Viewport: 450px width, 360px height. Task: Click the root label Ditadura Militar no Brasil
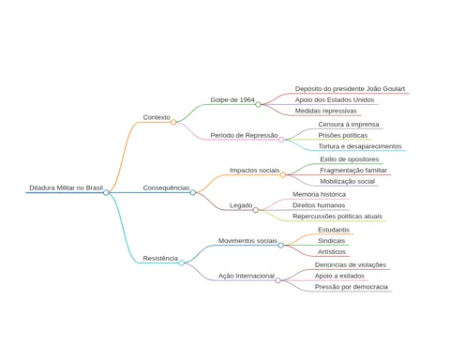(x=66, y=187)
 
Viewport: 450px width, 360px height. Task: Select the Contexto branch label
(x=157, y=117)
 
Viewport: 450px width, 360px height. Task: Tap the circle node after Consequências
(x=193, y=192)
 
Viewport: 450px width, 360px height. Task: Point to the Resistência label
(x=160, y=259)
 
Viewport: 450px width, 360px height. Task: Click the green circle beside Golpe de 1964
(x=258, y=104)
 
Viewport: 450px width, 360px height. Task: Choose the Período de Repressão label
(x=244, y=135)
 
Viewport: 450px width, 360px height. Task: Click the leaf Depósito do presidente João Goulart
(x=350, y=89)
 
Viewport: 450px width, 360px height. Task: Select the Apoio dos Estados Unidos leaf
(x=335, y=100)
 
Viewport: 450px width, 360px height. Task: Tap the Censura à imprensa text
(x=349, y=125)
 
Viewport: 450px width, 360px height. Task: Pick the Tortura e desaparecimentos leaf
(x=360, y=146)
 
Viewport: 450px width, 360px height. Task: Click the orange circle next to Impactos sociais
(x=283, y=175)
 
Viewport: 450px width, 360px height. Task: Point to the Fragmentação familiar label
(x=353, y=171)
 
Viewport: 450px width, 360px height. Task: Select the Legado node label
(x=241, y=205)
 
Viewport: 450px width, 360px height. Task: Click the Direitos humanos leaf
(x=319, y=205)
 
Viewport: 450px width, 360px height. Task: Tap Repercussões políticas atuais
(x=337, y=217)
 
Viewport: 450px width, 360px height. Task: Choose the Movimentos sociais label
(x=247, y=241)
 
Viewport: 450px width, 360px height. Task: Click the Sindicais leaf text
(x=331, y=241)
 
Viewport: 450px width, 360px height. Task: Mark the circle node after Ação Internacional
(x=277, y=280)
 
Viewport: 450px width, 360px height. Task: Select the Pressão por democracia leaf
(x=352, y=287)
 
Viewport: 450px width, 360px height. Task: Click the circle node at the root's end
(x=106, y=192)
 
